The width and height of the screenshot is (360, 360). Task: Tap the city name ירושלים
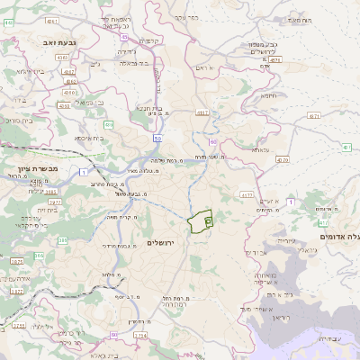pyautogui.click(x=165, y=243)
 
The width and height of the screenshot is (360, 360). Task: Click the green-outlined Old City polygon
pyautogui.click(x=199, y=220)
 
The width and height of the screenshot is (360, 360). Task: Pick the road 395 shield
pyautogui.click(x=63, y=240)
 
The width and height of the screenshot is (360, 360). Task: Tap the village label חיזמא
pyautogui.click(x=268, y=94)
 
